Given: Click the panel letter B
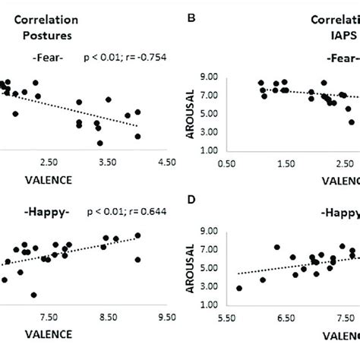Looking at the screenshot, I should click(190, 13).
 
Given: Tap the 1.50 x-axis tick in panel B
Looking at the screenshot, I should click(285, 162).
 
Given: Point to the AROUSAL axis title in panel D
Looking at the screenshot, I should click(192, 268).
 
